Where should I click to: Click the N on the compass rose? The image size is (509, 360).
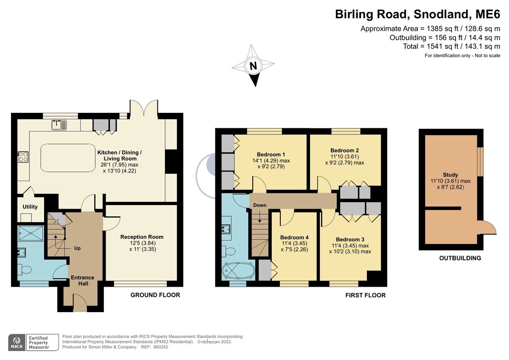[253, 66]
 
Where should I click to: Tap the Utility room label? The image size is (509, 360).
[30, 207]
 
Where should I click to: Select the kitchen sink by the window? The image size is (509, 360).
[59, 125]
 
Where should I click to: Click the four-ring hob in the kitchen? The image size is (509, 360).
[23, 157]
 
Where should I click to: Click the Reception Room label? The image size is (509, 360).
[142, 237]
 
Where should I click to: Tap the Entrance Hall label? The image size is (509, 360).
[82, 281]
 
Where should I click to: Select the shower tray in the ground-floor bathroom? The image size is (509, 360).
[31, 233]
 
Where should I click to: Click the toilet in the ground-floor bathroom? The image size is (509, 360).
[24, 270]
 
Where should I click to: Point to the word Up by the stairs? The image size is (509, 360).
[77, 248]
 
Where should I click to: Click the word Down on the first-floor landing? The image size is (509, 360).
[260, 205]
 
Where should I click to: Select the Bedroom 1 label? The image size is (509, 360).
[271, 155]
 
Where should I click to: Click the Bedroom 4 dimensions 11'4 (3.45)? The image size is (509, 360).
[294, 243]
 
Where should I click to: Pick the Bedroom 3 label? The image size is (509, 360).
[350, 240]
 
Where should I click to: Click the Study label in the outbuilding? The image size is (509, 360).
[450, 175]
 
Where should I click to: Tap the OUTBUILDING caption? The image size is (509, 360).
[460, 258]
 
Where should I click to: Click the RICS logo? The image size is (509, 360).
[17, 343]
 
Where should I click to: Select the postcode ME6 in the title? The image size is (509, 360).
[488, 14]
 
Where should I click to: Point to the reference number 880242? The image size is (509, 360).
[161, 347]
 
